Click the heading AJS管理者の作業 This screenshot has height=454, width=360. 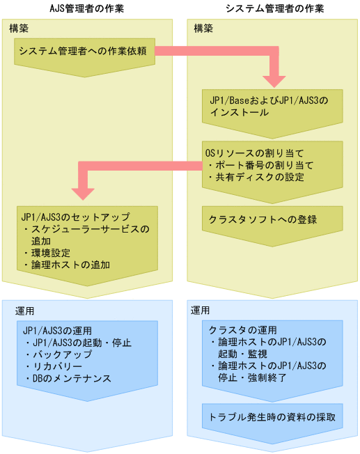click(88, 8)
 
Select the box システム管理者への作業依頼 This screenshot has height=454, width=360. click(83, 51)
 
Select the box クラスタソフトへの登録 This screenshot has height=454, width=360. click(263, 219)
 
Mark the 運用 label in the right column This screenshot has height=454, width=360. click(201, 311)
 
